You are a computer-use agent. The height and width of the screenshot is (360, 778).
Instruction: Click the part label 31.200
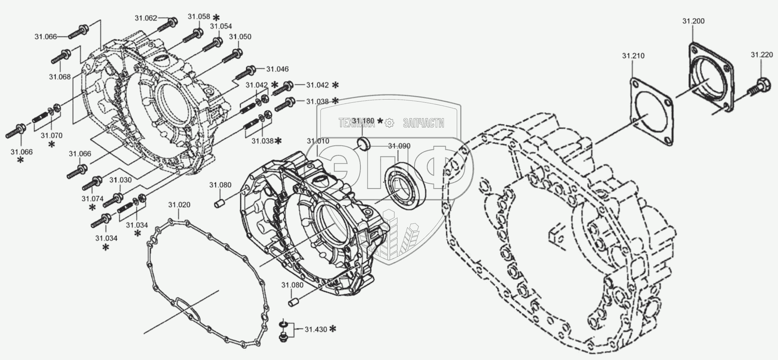[x=693, y=21]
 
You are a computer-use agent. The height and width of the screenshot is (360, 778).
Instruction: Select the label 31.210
[x=633, y=56]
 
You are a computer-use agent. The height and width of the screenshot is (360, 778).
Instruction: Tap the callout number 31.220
[x=762, y=55]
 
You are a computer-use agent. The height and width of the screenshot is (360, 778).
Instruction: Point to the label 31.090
[x=399, y=146]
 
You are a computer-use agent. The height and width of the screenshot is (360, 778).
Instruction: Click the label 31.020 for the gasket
[x=179, y=205]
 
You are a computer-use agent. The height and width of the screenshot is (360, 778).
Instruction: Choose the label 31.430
[x=316, y=329]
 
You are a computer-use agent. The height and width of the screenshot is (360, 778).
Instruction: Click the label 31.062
[x=146, y=18]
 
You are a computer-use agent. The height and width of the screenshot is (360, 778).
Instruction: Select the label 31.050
[x=240, y=37]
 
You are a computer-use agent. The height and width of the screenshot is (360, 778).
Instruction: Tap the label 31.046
[x=277, y=69]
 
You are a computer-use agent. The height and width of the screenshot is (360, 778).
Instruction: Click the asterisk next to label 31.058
[x=216, y=17]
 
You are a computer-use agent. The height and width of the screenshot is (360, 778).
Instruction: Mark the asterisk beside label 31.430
[x=333, y=329]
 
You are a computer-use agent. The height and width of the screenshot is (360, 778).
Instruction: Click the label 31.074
[x=92, y=199]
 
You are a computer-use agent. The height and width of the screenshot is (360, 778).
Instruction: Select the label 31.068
[x=60, y=77]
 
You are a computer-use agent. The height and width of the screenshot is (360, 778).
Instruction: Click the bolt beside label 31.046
[x=245, y=73]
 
